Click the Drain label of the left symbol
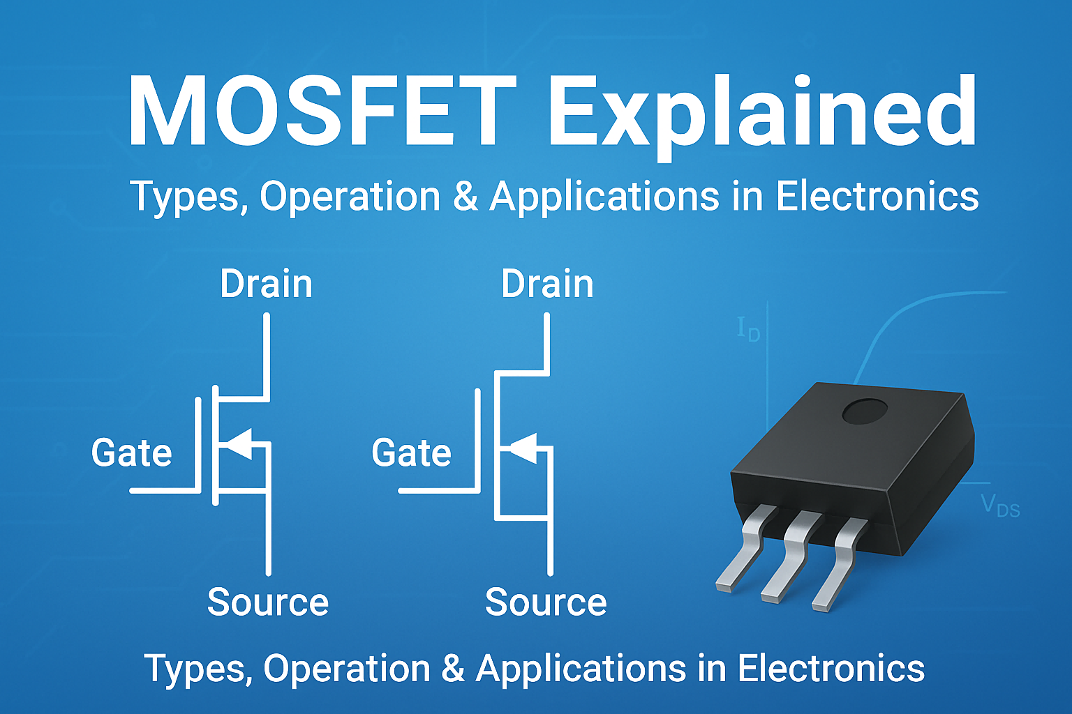266,284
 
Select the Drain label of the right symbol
547,284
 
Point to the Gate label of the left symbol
131,453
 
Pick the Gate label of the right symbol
411,453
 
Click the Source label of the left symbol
267,602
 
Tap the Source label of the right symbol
546,602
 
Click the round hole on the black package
864,412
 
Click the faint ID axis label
748,329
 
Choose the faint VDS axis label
1000,506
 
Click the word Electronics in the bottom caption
831,669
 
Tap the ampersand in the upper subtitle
465,197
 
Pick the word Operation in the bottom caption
346,669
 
